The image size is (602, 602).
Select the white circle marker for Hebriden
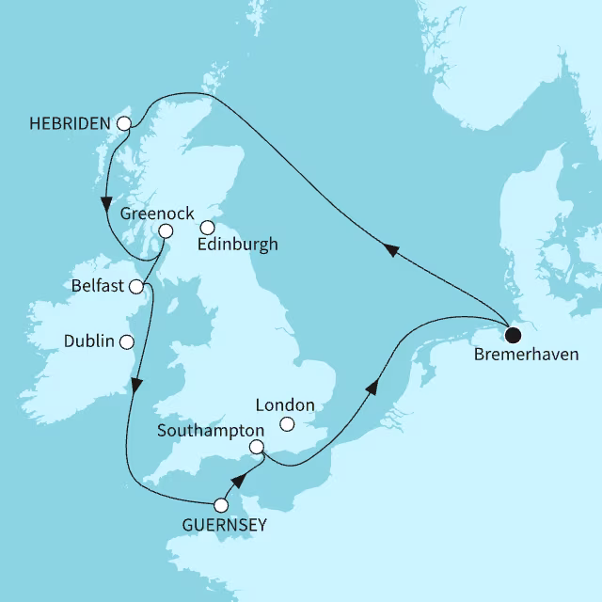coord(123,123)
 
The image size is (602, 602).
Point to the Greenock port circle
coord(166,231)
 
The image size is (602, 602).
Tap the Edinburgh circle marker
coord(208,227)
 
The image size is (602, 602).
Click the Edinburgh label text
coord(238,245)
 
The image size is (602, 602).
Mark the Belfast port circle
coord(137,286)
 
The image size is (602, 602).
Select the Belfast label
coord(98,285)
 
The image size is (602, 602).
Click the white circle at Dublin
coord(126,341)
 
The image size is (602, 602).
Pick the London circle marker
coord(288,425)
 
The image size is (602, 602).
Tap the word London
coord(285,406)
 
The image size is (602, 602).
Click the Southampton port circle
coord(256,448)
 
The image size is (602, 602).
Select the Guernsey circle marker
coord(221,504)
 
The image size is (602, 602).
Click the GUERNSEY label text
coord(226,525)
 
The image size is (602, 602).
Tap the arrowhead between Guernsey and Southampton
coord(239,482)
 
